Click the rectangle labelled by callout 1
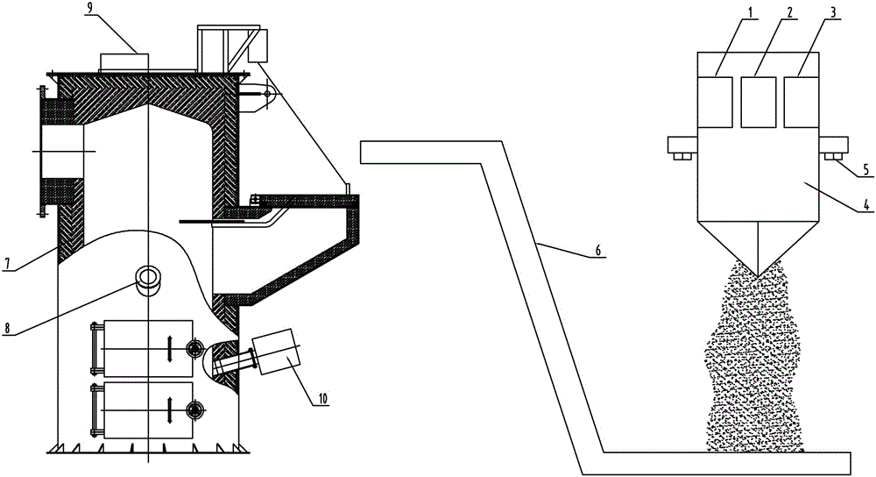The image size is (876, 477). (x=716, y=102)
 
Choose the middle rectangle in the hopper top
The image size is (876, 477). (x=759, y=102)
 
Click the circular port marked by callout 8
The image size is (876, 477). (x=146, y=279)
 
